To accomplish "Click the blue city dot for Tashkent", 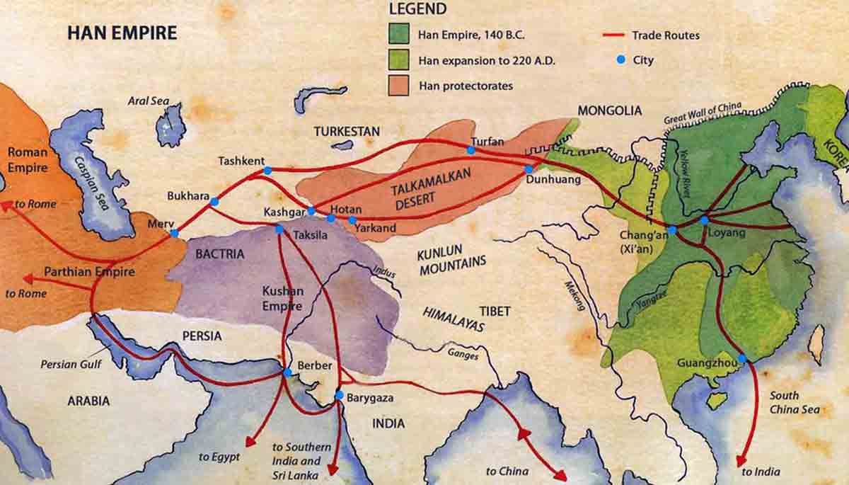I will [267, 171].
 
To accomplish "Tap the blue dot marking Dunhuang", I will [528, 169].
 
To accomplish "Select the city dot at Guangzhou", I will [741, 359].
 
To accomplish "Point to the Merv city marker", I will [174, 233].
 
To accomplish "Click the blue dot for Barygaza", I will [339, 394].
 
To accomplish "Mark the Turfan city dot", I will [470, 149].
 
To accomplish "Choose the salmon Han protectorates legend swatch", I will [398, 85].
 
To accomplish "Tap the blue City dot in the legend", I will [620, 60].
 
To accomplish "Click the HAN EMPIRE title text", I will [122, 33].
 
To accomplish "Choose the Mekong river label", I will [574, 295].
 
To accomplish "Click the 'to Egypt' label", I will [219, 457].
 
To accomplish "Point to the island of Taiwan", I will [816, 344].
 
